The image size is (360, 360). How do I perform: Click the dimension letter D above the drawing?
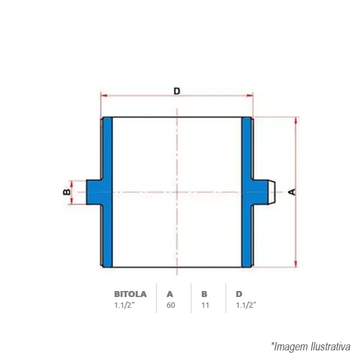(177, 91)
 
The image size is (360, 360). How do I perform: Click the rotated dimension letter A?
(292, 192)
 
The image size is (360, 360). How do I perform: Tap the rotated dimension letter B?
(67, 192)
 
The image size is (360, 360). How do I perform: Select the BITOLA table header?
(130, 294)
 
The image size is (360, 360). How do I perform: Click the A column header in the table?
(170, 294)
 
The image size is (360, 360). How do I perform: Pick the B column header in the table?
(204, 294)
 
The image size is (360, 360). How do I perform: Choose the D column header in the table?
(239, 294)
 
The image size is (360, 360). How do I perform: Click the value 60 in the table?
(171, 305)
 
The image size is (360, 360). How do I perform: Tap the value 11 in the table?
(205, 305)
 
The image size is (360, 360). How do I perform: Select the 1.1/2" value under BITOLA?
(124, 305)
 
